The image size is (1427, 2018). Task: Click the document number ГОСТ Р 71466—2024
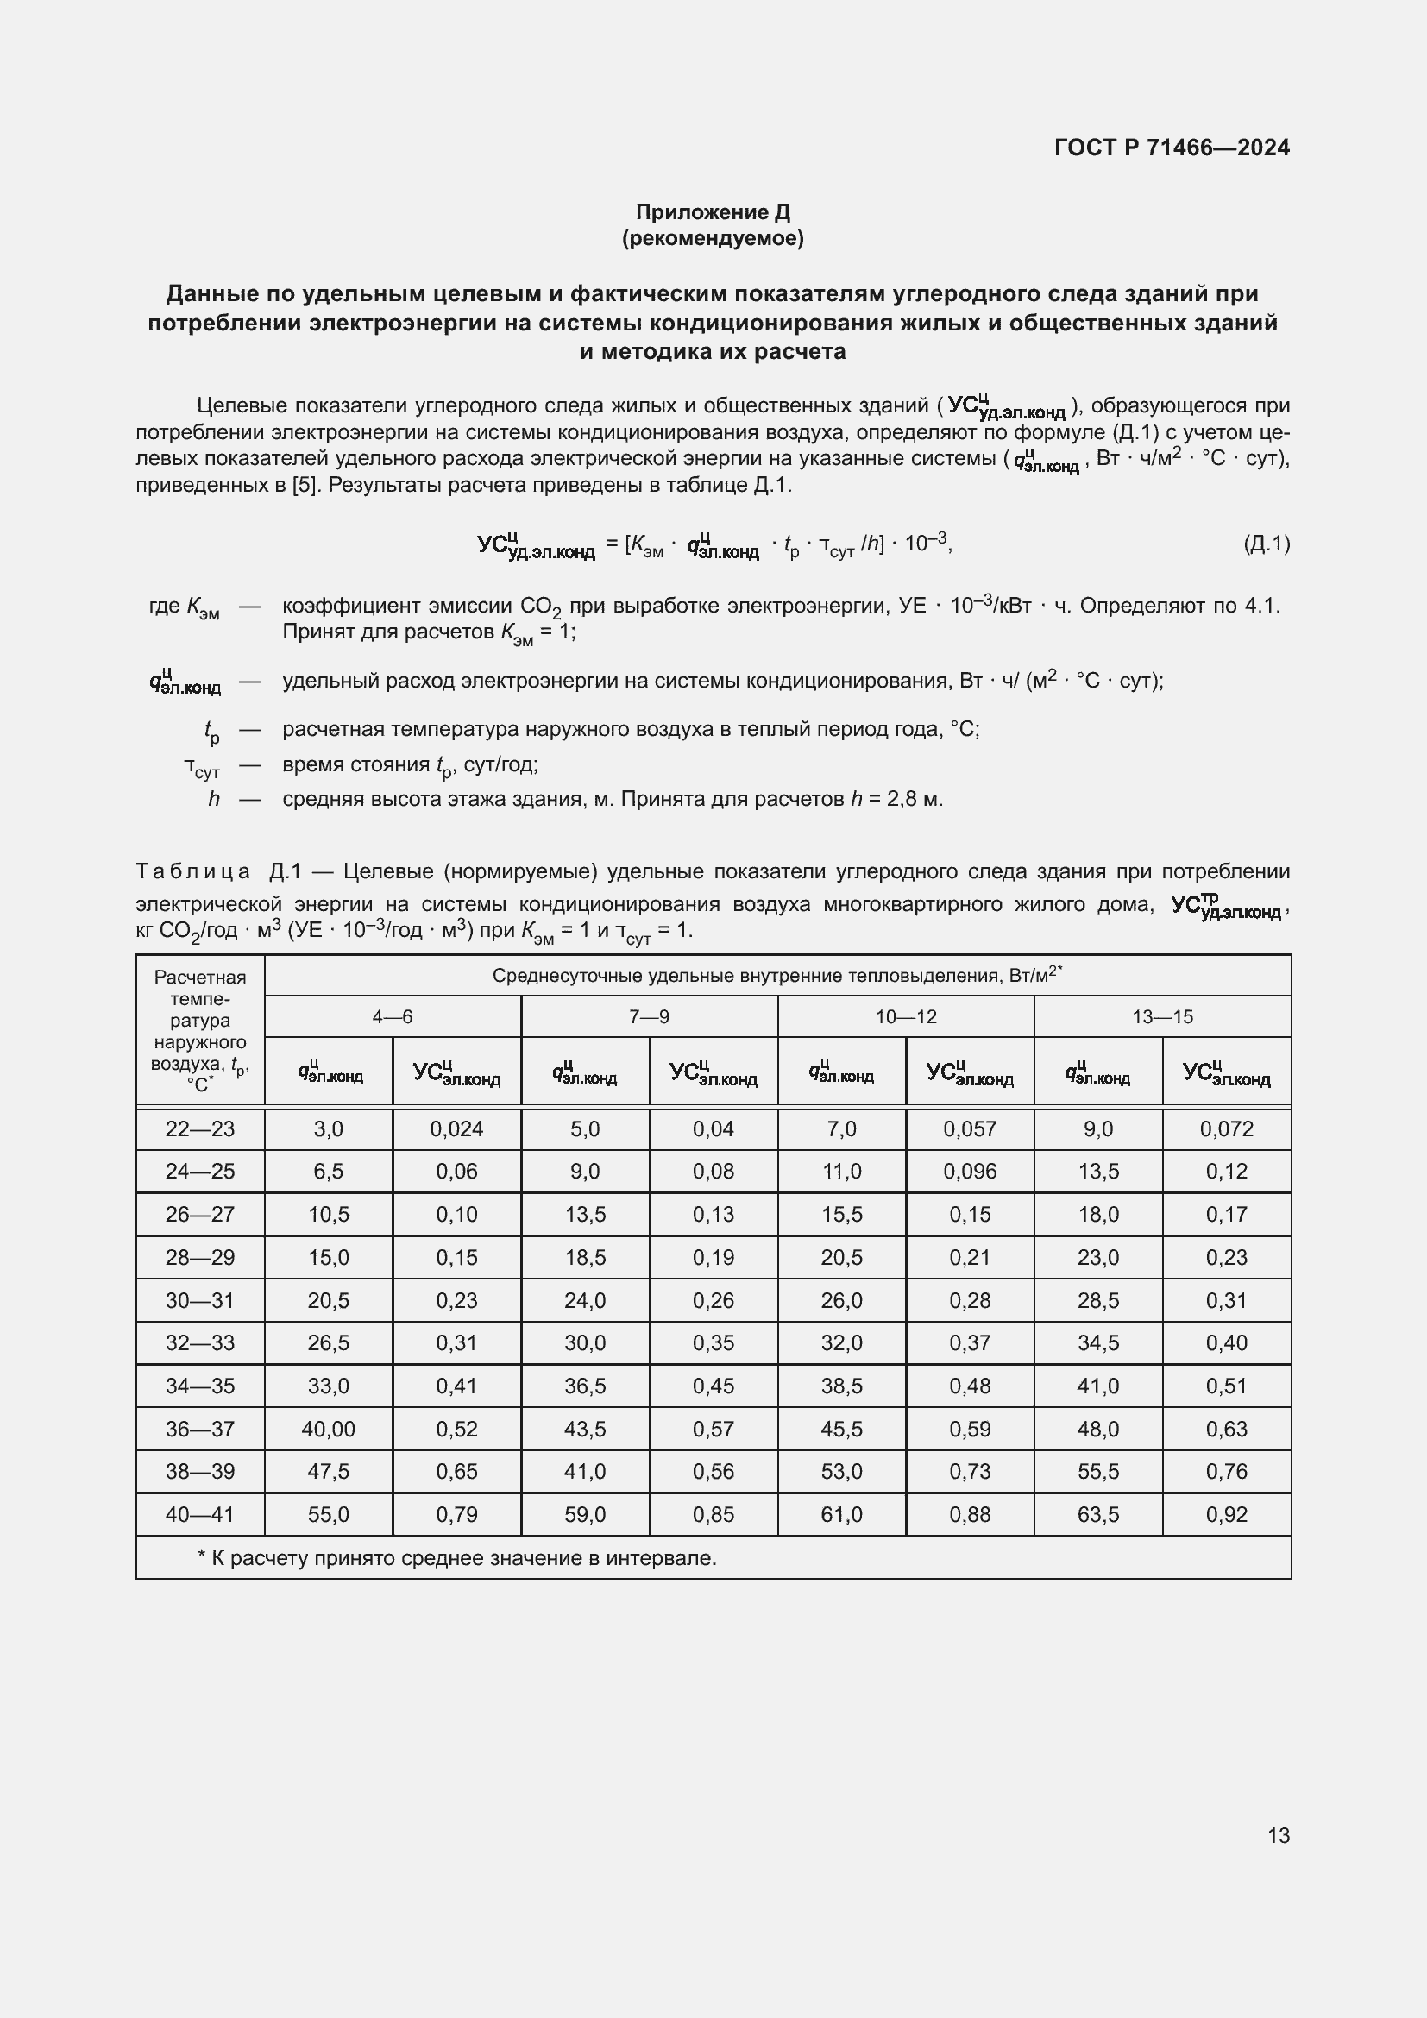(1172, 148)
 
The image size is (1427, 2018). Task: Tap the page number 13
(1279, 1835)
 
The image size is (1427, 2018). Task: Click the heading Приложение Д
(713, 212)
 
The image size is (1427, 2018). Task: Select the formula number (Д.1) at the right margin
(1267, 544)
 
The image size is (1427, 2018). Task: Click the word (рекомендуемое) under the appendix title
(713, 238)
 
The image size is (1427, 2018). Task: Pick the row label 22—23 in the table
(200, 1129)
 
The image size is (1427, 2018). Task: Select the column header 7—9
(649, 1017)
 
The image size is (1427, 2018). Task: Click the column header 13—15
(1161, 1017)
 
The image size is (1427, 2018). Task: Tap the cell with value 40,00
(328, 1429)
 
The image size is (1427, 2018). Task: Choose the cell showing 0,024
(456, 1129)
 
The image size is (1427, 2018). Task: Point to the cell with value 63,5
(1097, 1514)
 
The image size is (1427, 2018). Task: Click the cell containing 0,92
(1226, 1514)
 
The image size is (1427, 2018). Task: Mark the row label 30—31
(200, 1301)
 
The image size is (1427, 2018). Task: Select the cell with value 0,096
(969, 1172)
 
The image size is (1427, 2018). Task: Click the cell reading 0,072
(1226, 1129)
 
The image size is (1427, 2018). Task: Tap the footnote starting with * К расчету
(457, 1558)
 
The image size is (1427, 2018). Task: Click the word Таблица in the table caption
(192, 872)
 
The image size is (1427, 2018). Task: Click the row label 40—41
(200, 1514)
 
